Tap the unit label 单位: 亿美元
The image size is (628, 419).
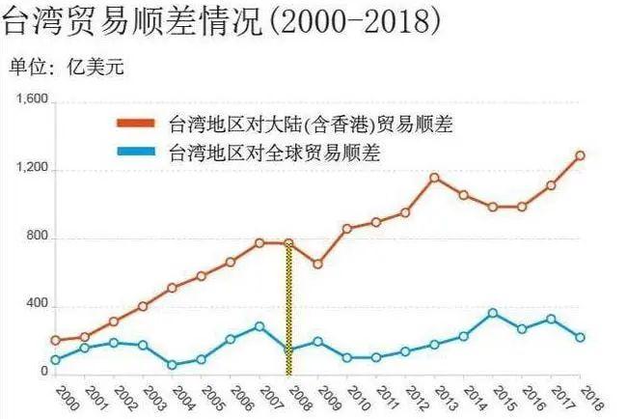coord(67,67)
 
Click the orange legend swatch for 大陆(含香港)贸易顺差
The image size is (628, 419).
coord(139,124)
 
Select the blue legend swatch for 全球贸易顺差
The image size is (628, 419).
coord(139,152)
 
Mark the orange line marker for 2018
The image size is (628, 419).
coord(580,154)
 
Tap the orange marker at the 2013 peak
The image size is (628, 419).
coord(434,178)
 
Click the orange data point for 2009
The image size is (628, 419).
coord(317,264)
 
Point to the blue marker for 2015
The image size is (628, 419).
coord(493,313)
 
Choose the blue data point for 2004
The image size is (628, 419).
coord(172,365)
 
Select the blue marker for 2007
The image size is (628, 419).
coord(259,326)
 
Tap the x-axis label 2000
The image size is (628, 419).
coord(66,397)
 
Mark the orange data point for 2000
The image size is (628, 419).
coord(55,340)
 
